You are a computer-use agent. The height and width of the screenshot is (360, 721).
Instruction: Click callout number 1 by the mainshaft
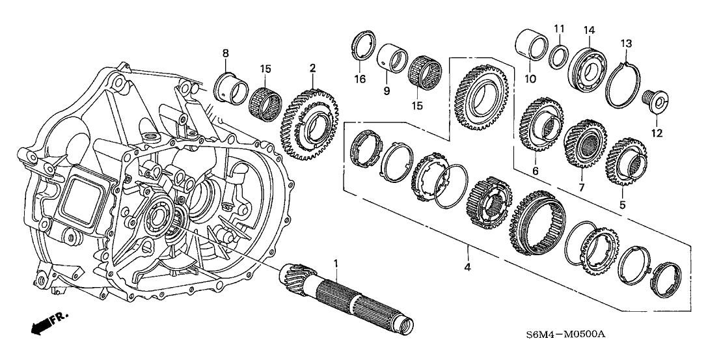point(336,263)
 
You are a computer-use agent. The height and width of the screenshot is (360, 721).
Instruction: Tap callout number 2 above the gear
point(312,67)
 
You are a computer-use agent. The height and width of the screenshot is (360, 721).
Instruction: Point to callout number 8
point(225,53)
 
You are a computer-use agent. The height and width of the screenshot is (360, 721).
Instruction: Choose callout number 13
point(626,44)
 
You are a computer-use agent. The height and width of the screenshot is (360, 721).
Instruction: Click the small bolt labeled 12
point(653,101)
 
